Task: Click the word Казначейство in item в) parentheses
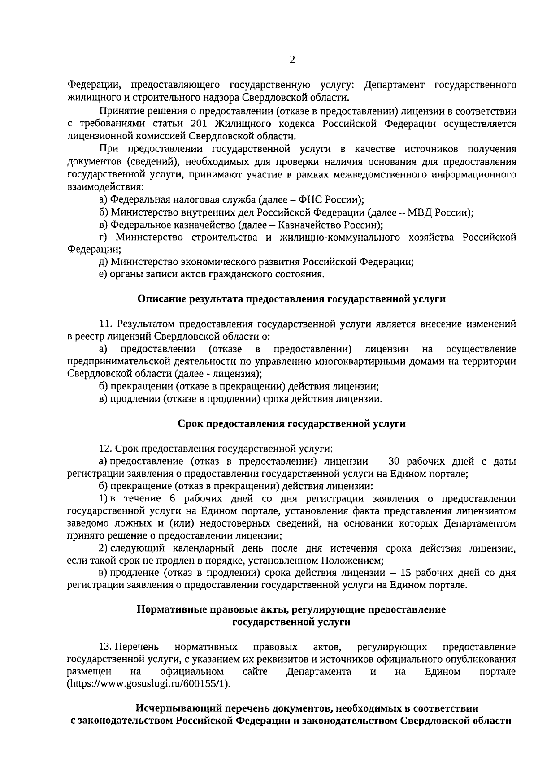coord(306,225)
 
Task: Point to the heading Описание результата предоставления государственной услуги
coord(291,299)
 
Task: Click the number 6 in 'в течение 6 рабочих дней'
coord(172,499)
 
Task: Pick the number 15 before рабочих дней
coord(407,573)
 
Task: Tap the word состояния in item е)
coord(298,274)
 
